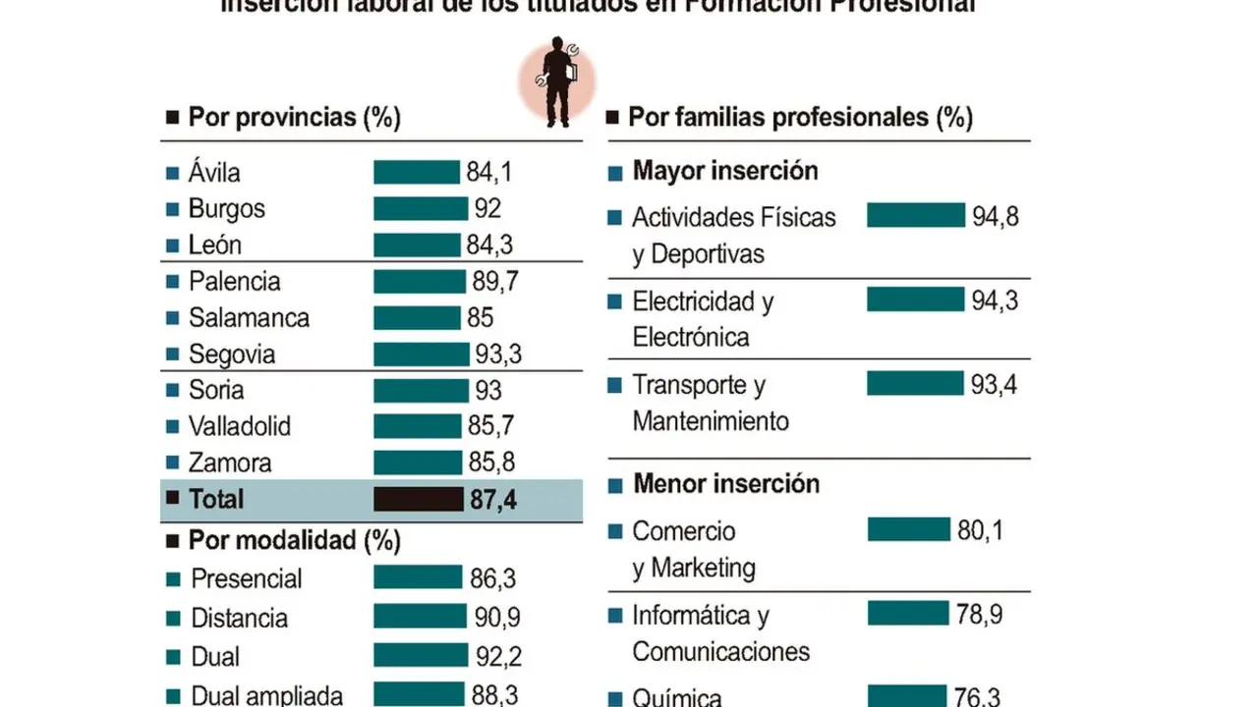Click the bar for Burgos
point(420,209)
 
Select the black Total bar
point(418,499)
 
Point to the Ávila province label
point(214,173)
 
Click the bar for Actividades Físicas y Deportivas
point(915,215)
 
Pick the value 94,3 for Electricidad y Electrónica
point(995,300)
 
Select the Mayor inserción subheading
point(724,171)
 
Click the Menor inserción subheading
point(725,483)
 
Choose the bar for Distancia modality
point(420,617)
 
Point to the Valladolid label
point(240,427)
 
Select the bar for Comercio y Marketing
point(908,530)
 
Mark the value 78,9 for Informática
point(978,615)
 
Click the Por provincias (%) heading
point(294,118)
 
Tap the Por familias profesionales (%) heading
point(800,118)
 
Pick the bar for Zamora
point(417,462)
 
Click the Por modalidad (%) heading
point(294,540)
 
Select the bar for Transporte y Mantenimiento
point(915,384)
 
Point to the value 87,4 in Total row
point(492,500)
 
